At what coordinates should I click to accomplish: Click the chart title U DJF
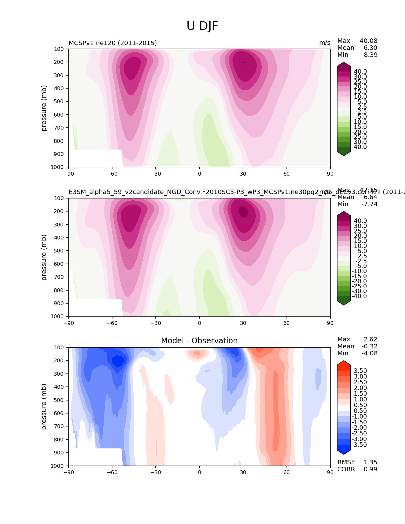[x=202, y=26]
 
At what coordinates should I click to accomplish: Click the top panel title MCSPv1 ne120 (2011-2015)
[x=113, y=43]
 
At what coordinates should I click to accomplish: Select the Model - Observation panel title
[x=199, y=341]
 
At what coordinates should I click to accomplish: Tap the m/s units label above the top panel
[x=325, y=43]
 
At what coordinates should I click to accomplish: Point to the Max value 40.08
[x=368, y=41]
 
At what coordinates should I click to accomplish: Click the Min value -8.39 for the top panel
[x=369, y=55]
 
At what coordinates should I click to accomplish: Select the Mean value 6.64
[x=370, y=197]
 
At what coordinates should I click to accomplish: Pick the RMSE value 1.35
[x=370, y=462]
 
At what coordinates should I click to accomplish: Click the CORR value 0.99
[x=370, y=469]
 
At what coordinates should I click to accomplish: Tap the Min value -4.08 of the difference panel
[x=369, y=353]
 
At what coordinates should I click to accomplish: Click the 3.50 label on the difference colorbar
[x=361, y=371]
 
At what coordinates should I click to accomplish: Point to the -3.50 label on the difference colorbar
[x=360, y=445]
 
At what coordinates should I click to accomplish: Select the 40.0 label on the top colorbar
[x=361, y=72]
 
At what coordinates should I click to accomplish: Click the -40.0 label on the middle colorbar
[x=360, y=296]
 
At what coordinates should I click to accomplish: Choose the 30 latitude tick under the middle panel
[x=243, y=323]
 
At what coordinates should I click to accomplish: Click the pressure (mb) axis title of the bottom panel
[x=44, y=406]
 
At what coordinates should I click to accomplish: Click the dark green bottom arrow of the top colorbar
[x=344, y=153]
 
